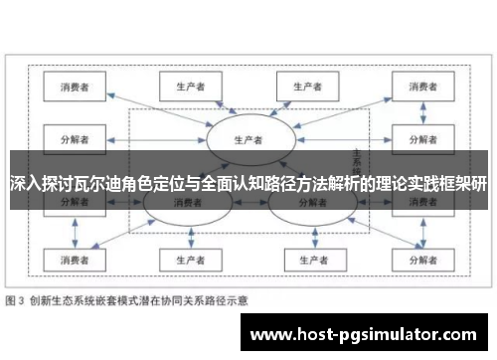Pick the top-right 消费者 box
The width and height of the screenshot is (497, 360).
pos(417,88)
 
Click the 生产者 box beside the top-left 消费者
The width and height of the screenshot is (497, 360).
pos(187,88)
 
